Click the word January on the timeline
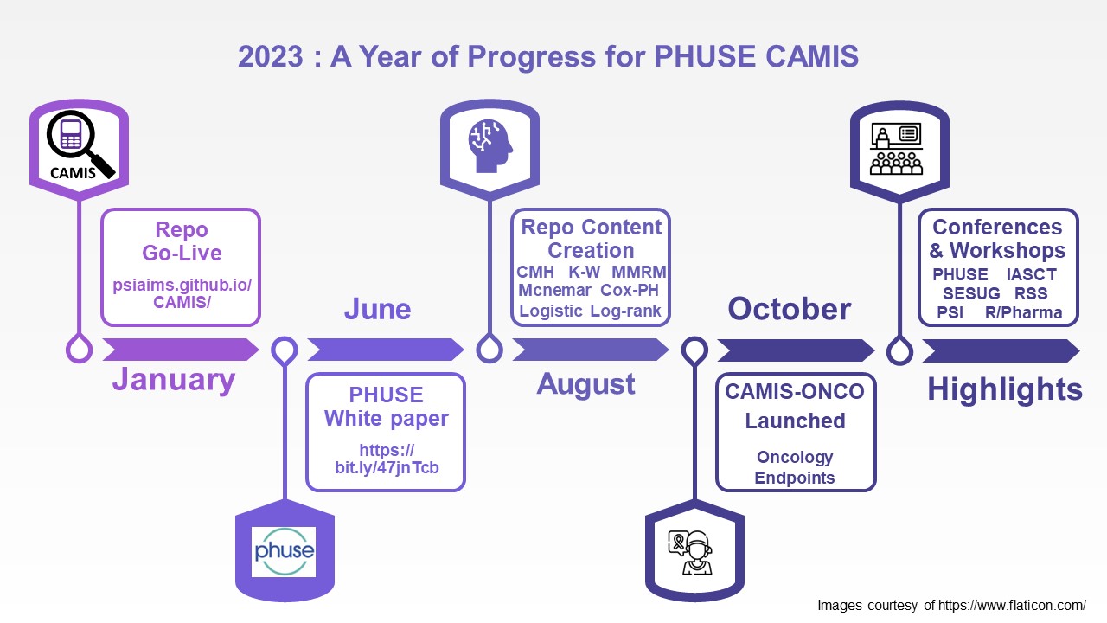coord(173,380)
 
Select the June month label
coord(377,309)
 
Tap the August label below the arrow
coord(585,384)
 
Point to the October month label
coord(789,309)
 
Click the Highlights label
coord(1004,389)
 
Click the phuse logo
coord(284,551)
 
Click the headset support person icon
coord(694,551)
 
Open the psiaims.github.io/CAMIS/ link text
coord(181,293)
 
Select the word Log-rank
coord(625,311)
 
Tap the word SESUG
coord(970,293)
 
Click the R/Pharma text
coord(1023,312)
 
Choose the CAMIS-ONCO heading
coord(795,391)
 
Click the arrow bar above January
coord(180,350)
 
